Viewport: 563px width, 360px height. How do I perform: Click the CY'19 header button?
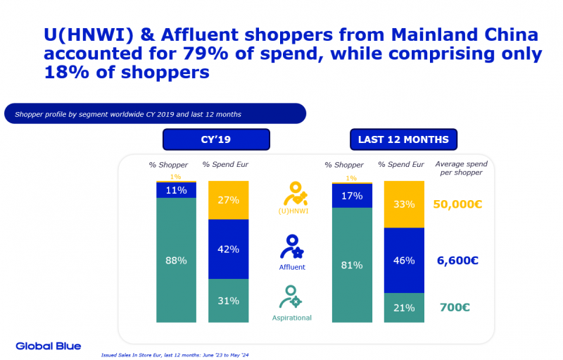[x=216, y=139]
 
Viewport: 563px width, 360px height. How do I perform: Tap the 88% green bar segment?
[x=176, y=260]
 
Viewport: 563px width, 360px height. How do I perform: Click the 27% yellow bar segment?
[x=229, y=200]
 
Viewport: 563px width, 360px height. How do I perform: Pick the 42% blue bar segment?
[x=229, y=249]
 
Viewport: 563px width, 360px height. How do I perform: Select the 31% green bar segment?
[x=229, y=301]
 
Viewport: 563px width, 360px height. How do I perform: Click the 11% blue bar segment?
[x=176, y=190]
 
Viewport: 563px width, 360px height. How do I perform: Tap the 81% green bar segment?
[x=352, y=265]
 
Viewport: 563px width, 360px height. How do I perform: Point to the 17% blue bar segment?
[x=352, y=195]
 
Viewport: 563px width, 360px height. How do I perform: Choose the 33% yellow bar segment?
[x=405, y=205]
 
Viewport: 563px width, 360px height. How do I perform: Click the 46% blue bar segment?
[x=405, y=260]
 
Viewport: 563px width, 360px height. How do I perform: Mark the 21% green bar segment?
[x=405, y=307]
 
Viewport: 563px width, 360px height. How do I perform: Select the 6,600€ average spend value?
[x=457, y=260]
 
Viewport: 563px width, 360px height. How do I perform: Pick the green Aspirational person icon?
[x=290, y=297]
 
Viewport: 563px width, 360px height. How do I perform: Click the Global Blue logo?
[x=49, y=346]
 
